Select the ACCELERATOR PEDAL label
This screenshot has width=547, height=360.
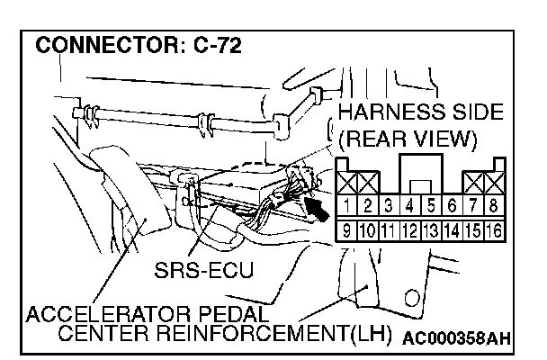tap(148, 316)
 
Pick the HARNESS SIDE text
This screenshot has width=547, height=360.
tap(415, 115)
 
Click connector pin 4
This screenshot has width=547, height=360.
tap(409, 206)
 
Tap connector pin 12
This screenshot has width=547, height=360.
tap(409, 230)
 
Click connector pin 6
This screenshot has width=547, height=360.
tap(451, 206)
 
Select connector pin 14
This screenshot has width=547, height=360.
tap(451, 230)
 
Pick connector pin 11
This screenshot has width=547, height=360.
tap(388, 230)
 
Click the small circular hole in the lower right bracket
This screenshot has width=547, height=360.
tap(412, 297)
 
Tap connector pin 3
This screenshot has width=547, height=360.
tap(388, 206)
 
